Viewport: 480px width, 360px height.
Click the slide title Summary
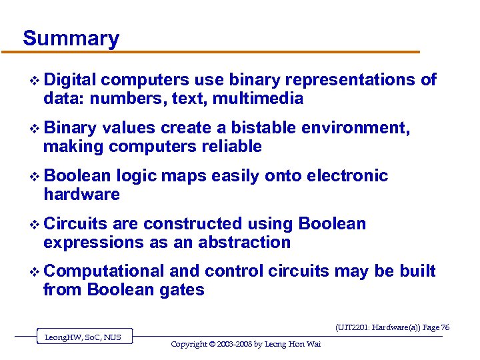point(71,38)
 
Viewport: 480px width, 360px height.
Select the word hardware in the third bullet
point(81,195)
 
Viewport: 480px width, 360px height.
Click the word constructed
point(193,224)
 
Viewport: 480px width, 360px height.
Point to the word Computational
point(104,271)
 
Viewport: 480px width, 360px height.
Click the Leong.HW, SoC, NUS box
point(83,337)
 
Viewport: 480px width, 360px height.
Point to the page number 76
point(445,327)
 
